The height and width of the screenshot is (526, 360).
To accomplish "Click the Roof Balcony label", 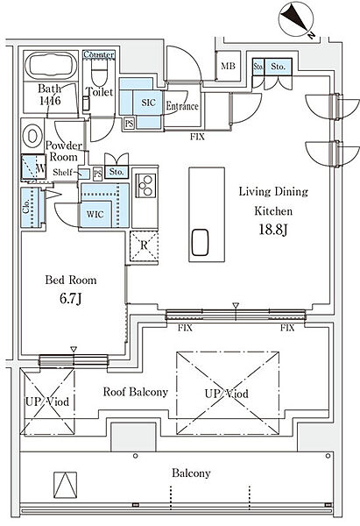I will click(135, 392).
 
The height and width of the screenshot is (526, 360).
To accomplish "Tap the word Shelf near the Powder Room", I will click(62, 173).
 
